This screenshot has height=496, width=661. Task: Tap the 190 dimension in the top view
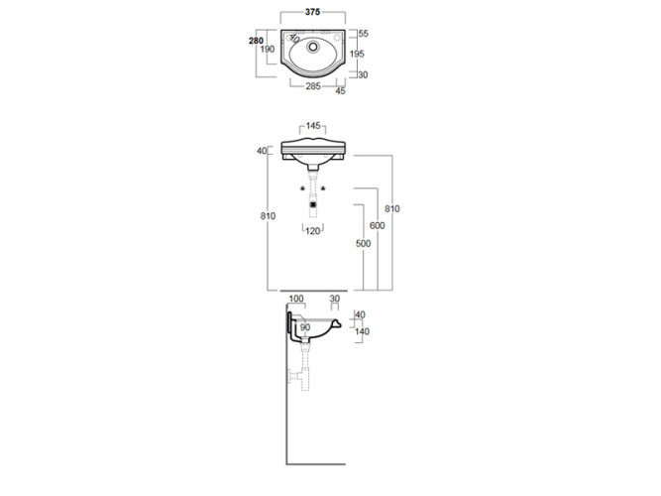(268, 51)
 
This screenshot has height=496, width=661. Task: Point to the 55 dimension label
(364, 34)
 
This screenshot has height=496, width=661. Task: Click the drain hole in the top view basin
(314, 46)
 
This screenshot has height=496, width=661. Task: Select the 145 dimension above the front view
(313, 126)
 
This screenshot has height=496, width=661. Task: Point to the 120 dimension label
(313, 230)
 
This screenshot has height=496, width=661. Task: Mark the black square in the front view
(313, 204)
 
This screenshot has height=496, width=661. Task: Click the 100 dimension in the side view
(296, 299)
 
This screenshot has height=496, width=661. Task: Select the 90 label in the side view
(304, 327)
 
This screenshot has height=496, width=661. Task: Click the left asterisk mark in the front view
(303, 188)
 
